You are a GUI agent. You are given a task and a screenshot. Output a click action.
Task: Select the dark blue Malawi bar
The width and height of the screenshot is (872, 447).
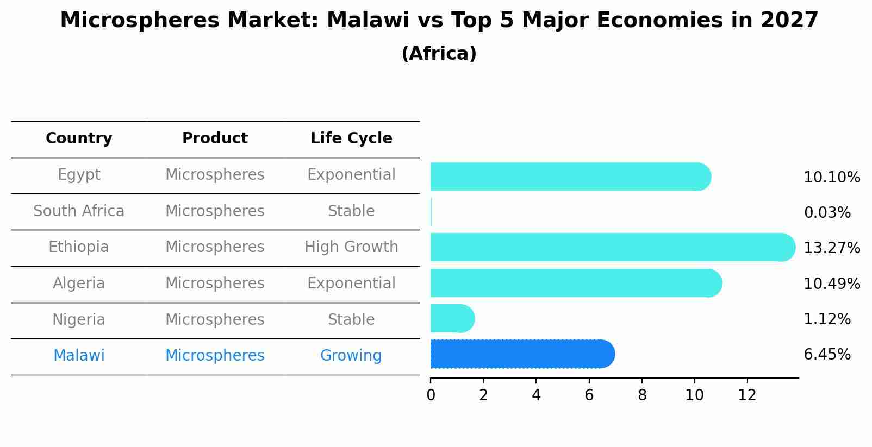[x=522, y=354]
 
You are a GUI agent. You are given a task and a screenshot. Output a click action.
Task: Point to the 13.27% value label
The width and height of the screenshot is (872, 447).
[x=831, y=248]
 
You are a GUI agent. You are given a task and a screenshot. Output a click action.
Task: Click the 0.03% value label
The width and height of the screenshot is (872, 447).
[x=827, y=213]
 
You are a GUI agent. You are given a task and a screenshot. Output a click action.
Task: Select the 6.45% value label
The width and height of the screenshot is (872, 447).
[x=827, y=355]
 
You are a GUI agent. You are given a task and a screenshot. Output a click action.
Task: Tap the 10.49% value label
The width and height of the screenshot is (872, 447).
[x=831, y=284]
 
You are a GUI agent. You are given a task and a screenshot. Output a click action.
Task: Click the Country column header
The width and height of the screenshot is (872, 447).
[x=79, y=138]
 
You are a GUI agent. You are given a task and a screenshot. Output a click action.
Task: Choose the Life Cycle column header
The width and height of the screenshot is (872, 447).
[x=351, y=138]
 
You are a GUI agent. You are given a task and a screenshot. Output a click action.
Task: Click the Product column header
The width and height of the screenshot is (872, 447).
[x=215, y=138]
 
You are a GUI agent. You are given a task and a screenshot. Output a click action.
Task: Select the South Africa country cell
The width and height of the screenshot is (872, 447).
[x=79, y=211]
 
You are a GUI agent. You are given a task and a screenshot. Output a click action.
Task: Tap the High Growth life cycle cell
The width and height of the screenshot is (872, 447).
[x=351, y=247]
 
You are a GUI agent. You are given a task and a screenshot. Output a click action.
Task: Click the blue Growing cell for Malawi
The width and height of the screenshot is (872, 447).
[x=351, y=356]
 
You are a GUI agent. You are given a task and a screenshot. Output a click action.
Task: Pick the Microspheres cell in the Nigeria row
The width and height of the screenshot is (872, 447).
[x=215, y=319]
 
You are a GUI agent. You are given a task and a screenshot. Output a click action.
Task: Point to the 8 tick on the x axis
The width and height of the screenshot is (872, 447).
[x=642, y=395]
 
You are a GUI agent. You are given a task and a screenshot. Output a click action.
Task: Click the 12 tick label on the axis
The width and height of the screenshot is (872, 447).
[x=747, y=395]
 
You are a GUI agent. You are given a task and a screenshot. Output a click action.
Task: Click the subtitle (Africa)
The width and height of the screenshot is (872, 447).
[x=439, y=54]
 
